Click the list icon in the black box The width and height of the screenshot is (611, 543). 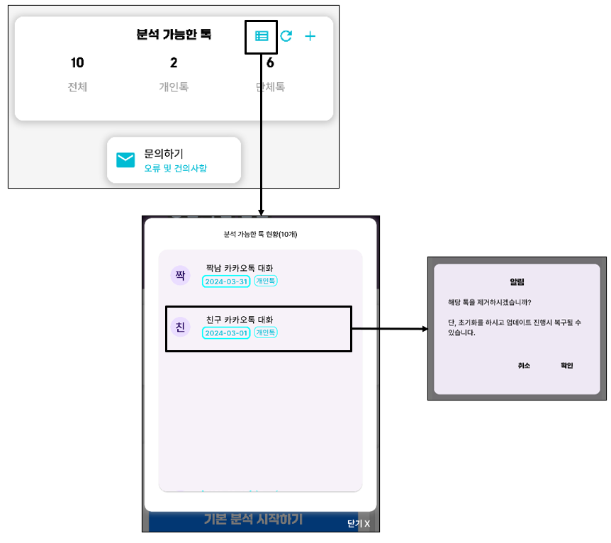coord(262,36)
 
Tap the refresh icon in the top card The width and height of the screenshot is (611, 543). coord(286,36)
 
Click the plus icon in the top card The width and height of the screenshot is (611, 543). coord(310,36)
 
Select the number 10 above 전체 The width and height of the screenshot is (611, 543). coord(77,63)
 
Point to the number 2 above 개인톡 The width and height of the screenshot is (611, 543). coord(174,63)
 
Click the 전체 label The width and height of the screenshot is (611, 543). coord(77,87)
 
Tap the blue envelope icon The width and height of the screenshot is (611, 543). coord(125,160)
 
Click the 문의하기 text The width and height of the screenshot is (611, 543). coord(164,153)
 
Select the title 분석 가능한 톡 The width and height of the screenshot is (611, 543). coord(174,34)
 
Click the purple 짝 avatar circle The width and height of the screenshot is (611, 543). coord(180,275)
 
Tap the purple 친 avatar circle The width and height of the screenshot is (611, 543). coord(180,327)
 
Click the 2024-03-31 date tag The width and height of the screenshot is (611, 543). coord(226,281)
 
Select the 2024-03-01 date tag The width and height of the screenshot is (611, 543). coord(226,333)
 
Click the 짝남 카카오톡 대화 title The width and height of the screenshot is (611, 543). coord(239,268)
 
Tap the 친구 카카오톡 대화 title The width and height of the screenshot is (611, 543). coord(239,320)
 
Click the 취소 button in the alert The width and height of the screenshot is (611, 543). coord(524,366)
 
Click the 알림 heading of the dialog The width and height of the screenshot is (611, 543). coord(517,281)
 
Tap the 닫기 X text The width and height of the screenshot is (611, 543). coord(358,524)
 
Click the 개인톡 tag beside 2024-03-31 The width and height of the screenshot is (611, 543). coord(266,281)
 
